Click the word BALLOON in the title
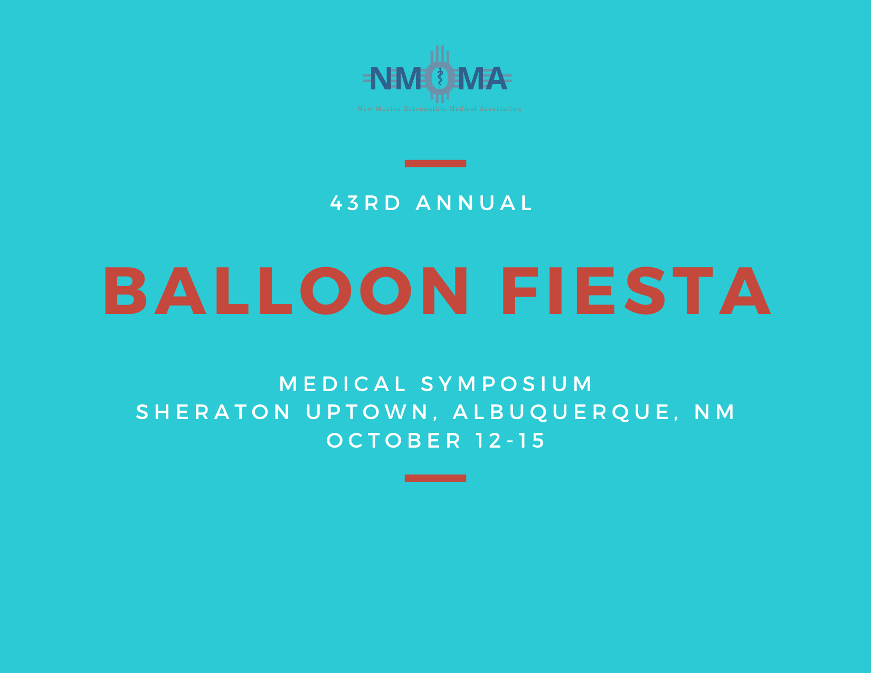coord(286,291)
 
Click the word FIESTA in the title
coord(637,291)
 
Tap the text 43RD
coord(365,203)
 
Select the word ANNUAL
coord(474,203)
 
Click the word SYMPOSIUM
coord(507,384)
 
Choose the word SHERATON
coord(213,412)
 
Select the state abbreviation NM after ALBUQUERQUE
coord(715,412)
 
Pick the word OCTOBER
coord(394,441)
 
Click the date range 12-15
coord(510,441)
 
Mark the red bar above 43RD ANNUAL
coord(435,164)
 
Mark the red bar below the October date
coord(435,478)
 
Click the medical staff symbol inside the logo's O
coord(440,78)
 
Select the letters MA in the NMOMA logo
coord(482,78)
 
